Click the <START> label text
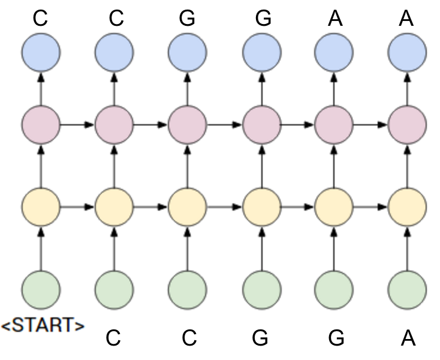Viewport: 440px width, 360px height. (x=43, y=326)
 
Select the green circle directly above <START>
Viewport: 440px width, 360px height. (x=41, y=289)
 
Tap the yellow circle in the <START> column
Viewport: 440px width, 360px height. (x=41, y=207)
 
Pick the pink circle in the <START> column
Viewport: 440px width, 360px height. (x=41, y=125)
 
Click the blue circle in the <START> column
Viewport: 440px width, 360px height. (x=41, y=53)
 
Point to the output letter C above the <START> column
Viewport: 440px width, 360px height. (x=40, y=19)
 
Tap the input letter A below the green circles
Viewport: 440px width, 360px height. (x=408, y=338)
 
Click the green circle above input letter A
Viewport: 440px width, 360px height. (x=408, y=289)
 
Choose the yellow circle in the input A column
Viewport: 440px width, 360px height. (x=408, y=207)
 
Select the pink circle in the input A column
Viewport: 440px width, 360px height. (x=408, y=125)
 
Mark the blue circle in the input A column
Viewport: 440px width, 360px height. (x=408, y=53)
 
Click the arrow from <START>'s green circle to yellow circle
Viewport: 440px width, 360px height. (x=41, y=248)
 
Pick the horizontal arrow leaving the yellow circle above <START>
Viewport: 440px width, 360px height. (x=77, y=207)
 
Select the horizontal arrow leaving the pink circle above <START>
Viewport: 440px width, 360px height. (x=77, y=125)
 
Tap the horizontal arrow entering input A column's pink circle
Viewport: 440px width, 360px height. (x=370, y=125)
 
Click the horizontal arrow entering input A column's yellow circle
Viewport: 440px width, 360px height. (x=370, y=207)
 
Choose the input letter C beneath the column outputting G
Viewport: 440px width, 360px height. (x=189, y=338)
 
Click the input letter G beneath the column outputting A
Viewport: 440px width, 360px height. (x=336, y=338)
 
